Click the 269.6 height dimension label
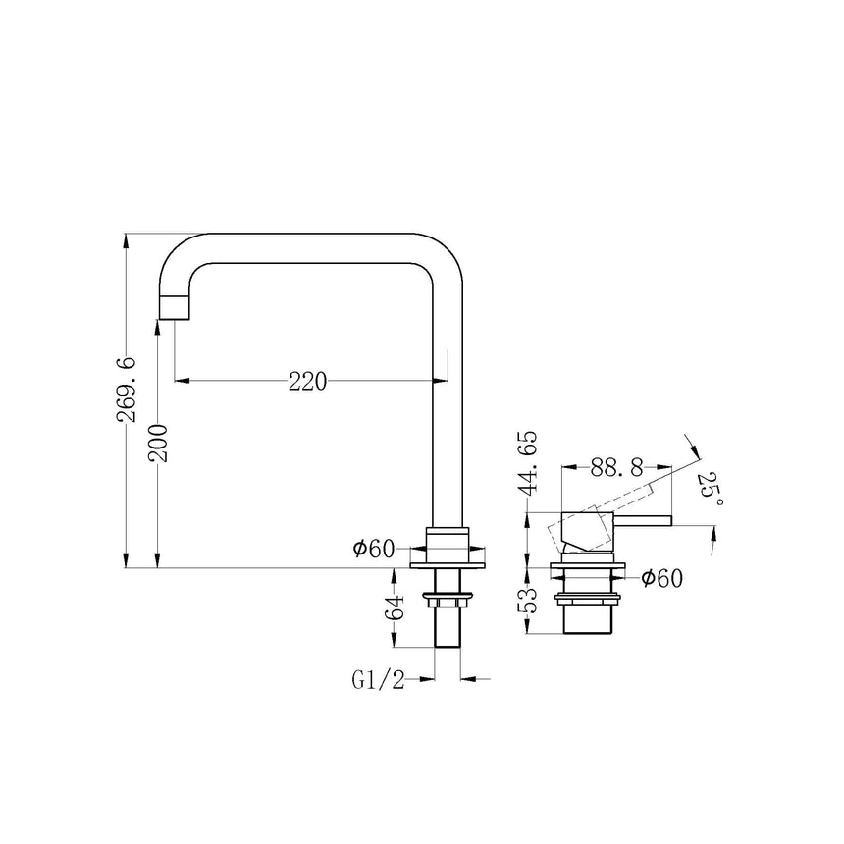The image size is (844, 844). pyautogui.click(x=127, y=390)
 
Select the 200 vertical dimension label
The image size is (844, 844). pyautogui.click(x=159, y=443)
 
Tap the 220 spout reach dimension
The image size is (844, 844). pyautogui.click(x=308, y=382)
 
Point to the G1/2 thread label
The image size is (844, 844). pyautogui.click(x=378, y=680)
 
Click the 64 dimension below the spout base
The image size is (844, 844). pyautogui.click(x=395, y=607)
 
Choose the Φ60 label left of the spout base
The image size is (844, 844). pyautogui.click(x=374, y=549)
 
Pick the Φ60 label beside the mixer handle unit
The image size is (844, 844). pyautogui.click(x=661, y=579)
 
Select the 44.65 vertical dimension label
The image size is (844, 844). pyautogui.click(x=528, y=462)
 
